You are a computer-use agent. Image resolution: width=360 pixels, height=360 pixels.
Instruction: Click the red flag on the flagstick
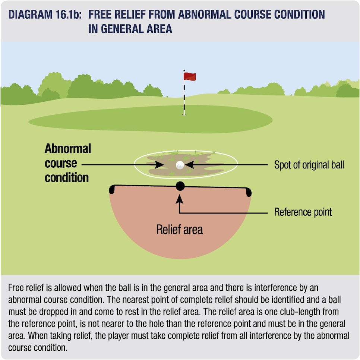[x=190, y=76]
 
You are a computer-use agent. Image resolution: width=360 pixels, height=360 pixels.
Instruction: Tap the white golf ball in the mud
[x=180, y=165]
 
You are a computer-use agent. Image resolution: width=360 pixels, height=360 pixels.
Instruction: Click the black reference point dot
[x=180, y=186]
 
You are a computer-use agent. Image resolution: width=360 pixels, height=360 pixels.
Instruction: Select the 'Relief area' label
[x=180, y=230]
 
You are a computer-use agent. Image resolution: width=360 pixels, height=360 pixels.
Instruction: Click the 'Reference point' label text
[x=303, y=212]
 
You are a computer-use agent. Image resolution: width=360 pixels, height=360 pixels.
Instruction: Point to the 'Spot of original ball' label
[x=309, y=165]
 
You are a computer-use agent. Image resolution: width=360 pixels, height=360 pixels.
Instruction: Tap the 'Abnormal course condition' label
[x=68, y=163]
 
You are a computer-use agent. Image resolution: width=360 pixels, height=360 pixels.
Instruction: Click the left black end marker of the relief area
[x=112, y=190]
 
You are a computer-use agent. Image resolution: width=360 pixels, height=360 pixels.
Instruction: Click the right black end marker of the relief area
[x=249, y=192]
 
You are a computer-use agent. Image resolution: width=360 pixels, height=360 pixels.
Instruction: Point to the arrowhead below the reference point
[x=180, y=199]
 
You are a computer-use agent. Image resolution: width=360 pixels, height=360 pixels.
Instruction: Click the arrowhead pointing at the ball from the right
[x=189, y=165]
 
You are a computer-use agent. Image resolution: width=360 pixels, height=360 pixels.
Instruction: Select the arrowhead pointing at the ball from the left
[x=160, y=165]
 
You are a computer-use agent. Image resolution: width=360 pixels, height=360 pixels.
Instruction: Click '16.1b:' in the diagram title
[x=69, y=15]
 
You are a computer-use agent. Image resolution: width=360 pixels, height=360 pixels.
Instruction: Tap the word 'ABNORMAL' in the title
[x=205, y=15]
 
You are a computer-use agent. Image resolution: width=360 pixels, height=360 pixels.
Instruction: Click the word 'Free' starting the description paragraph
[x=15, y=288]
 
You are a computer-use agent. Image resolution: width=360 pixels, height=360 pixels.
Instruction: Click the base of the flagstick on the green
[x=184, y=114]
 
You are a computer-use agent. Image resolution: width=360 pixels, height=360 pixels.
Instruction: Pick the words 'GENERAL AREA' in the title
[x=137, y=29]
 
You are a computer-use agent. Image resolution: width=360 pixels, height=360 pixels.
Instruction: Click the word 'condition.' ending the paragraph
[x=38, y=348]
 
